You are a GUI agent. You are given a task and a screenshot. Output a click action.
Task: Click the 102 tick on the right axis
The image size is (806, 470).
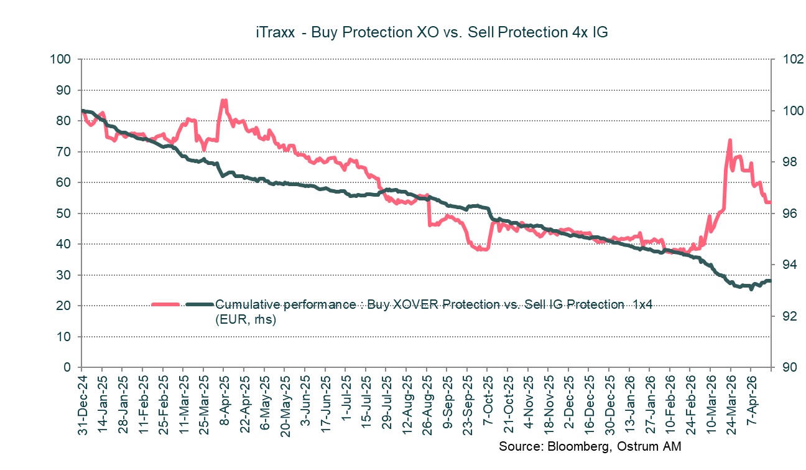[x=783, y=60]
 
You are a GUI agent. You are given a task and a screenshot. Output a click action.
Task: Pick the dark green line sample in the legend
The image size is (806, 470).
[x=198, y=304]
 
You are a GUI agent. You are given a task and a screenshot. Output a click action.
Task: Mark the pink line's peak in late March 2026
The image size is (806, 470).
[x=730, y=141]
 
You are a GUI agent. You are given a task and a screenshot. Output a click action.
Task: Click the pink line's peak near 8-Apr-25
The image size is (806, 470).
[x=223, y=100]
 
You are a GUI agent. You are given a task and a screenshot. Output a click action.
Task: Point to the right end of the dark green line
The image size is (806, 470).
[x=770, y=281]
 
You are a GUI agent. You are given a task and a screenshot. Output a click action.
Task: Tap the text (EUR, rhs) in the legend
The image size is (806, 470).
[x=245, y=319]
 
